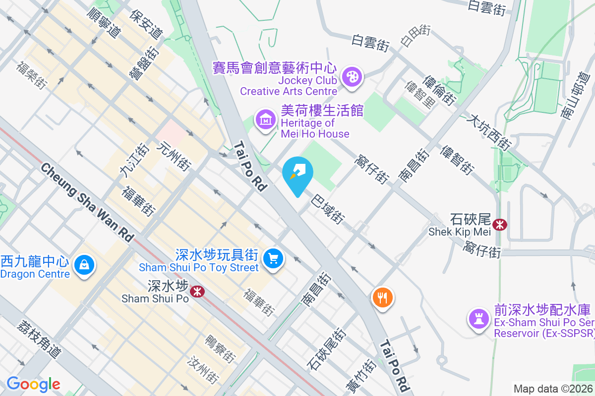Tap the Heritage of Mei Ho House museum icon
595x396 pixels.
(x=266, y=119)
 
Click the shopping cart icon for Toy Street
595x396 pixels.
(x=272, y=258)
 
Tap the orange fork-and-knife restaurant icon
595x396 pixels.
(x=382, y=297)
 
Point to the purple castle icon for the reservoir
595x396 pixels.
(x=479, y=318)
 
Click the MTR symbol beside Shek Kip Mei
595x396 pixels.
(x=500, y=224)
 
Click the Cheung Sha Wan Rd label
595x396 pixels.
(x=87, y=203)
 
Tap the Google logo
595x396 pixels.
(x=33, y=384)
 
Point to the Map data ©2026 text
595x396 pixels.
(x=552, y=389)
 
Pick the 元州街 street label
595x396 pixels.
(x=174, y=156)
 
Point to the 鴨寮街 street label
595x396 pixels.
(x=220, y=348)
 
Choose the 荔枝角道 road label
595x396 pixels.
(x=39, y=339)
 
